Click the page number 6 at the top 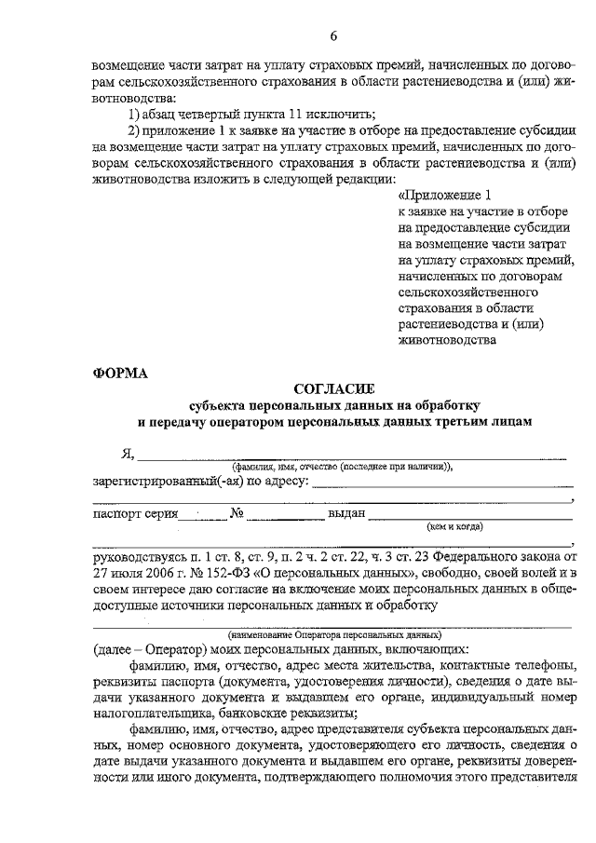pyautogui.click(x=333, y=36)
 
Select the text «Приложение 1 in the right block pyautogui.click(x=442, y=196)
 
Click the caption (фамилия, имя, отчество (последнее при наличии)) pyautogui.click(x=342, y=467)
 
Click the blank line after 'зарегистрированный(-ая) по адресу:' pyautogui.click(x=441, y=483)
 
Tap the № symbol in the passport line pyautogui.click(x=237, y=513)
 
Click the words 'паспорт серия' pyautogui.click(x=132, y=514)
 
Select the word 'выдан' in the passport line pyautogui.click(x=345, y=514)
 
